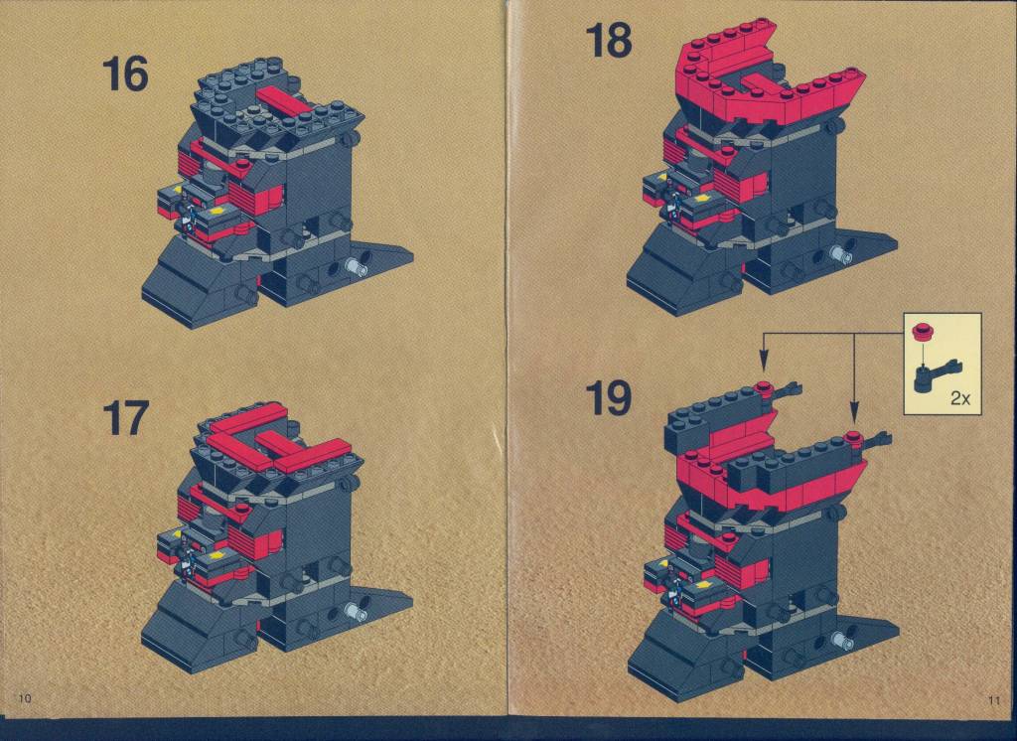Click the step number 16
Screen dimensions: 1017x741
point(125,74)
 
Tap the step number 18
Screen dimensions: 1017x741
point(609,40)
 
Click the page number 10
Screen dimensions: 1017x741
point(25,698)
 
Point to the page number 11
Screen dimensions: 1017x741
point(993,700)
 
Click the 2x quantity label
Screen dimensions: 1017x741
point(960,398)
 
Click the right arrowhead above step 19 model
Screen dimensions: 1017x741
point(853,411)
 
